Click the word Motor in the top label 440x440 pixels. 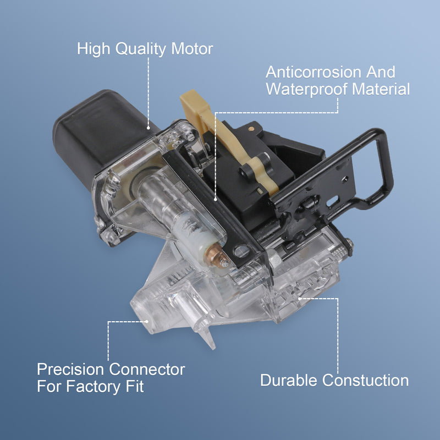pyautogui.click(x=192, y=49)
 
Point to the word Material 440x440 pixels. pyautogui.click(x=381, y=89)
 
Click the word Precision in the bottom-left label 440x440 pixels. pyautogui.click(x=71, y=369)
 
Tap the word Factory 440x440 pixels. pyautogui.click(x=94, y=387)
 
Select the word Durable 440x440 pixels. pyautogui.click(x=289, y=380)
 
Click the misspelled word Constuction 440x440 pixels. pyautogui.click(x=365, y=380)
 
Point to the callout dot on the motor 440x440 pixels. pyautogui.click(x=148, y=128)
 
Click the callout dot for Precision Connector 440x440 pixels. pyautogui.click(x=146, y=322)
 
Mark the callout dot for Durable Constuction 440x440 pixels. pyautogui.click(x=300, y=299)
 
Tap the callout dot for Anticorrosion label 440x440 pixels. pyautogui.click(x=215, y=199)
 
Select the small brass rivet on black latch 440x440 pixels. pyautogui.click(x=251, y=129)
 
